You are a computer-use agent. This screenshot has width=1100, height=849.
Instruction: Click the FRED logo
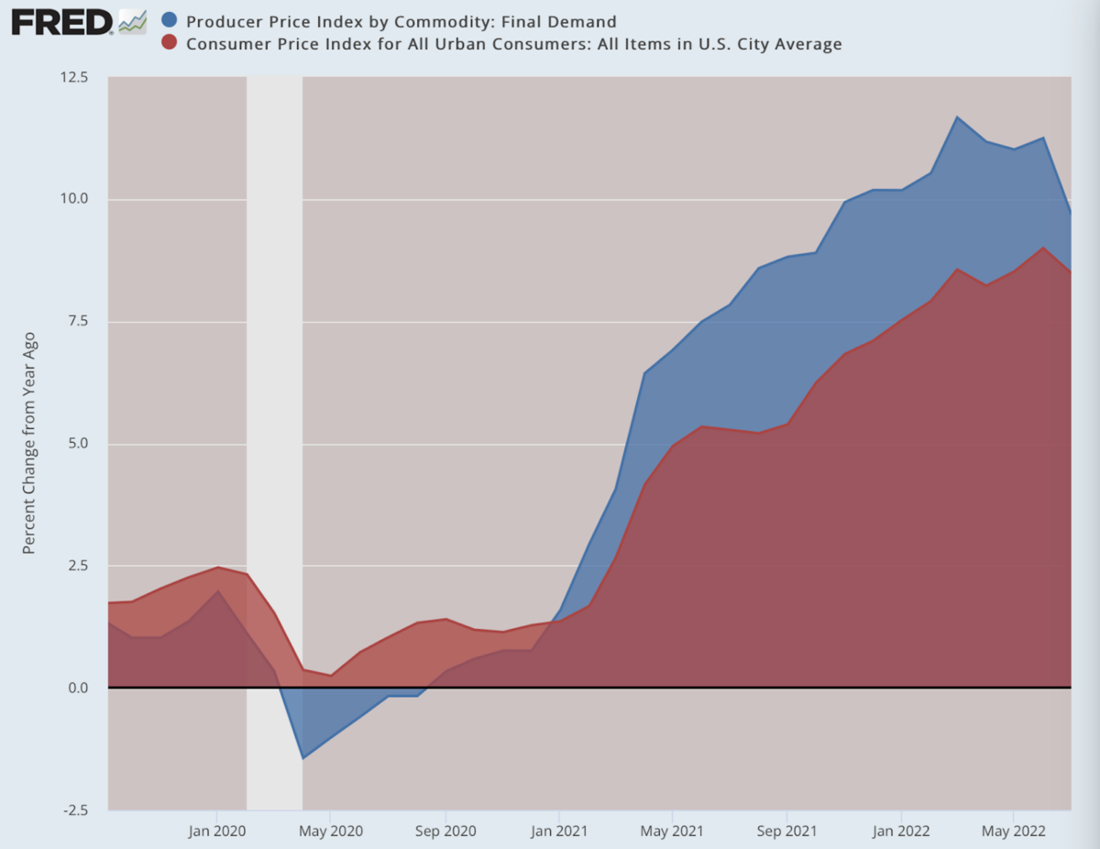coord(62,21)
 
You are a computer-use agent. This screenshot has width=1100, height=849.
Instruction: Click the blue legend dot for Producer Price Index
coord(168,21)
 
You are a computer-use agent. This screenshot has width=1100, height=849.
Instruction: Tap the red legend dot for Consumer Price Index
coord(168,43)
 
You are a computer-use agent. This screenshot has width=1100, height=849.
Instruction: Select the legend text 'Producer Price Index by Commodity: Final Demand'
coord(401,21)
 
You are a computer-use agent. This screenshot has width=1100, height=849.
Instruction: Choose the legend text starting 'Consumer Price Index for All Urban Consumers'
coord(513,43)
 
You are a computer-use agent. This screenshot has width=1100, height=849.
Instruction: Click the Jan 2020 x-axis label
coord(216,832)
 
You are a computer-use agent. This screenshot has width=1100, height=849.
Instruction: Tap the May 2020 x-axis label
coord(330,832)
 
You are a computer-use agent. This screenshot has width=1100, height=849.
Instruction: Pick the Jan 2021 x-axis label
coord(558,832)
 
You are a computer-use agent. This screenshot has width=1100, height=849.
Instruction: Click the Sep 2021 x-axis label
coord(786,832)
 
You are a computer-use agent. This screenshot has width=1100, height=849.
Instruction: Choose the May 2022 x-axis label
coord(1013,832)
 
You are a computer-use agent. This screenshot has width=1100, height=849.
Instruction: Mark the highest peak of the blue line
coord(957,117)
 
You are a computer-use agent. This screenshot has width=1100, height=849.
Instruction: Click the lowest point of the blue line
coord(302,758)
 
